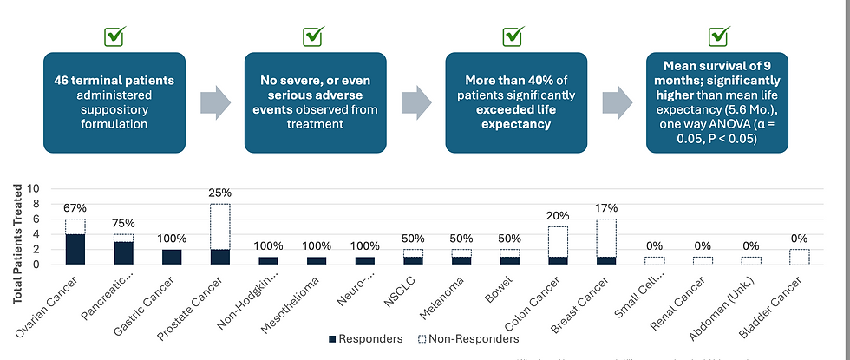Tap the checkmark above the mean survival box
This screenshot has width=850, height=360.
point(718,36)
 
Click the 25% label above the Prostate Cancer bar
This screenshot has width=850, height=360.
point(219,193)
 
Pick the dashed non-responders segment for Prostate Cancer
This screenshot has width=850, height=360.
point(219,226)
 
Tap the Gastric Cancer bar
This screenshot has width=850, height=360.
point(172,257)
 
